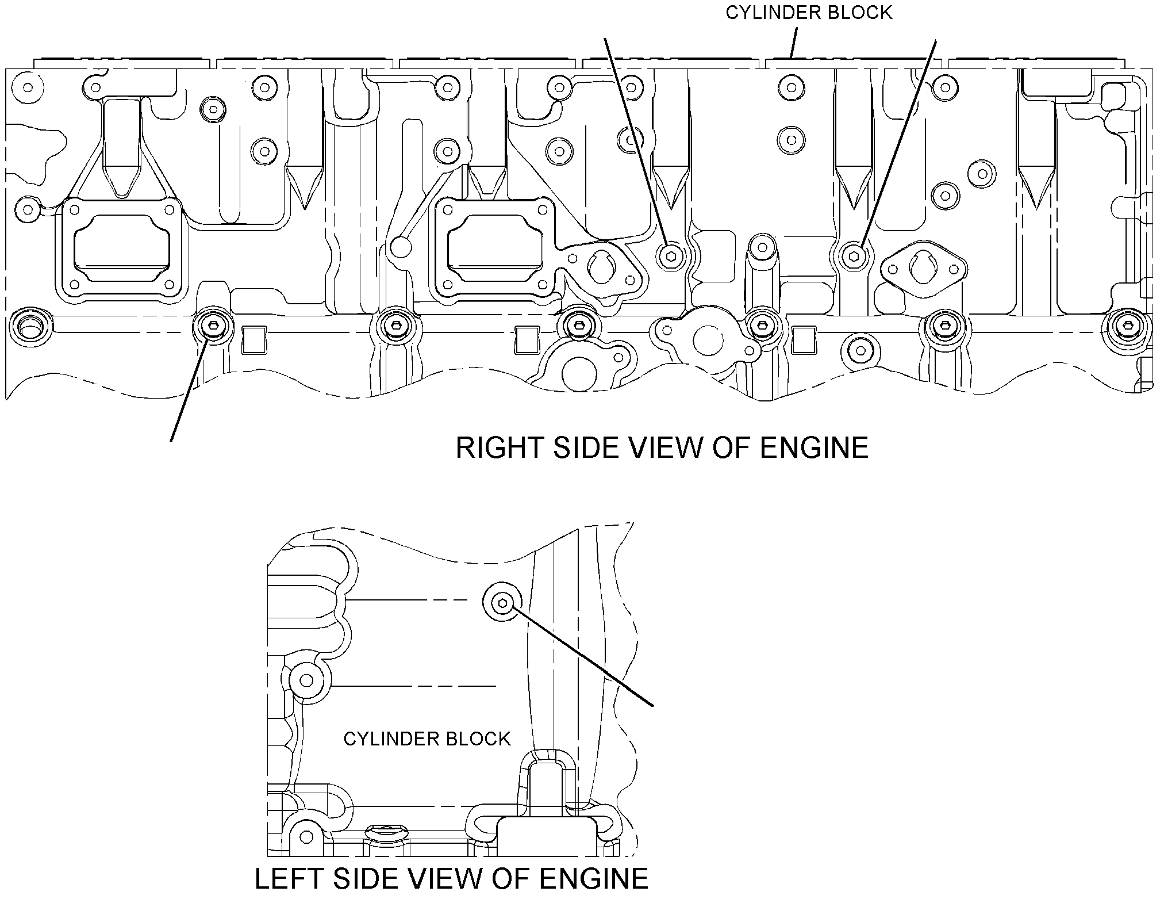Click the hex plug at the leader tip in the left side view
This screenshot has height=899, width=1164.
[503, 603]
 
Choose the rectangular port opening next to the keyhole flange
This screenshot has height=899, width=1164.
[495, 248]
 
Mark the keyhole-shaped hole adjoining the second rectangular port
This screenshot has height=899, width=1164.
[602, 266]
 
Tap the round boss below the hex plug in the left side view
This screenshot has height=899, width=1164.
[307, 681]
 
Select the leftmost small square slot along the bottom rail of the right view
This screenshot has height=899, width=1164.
[253, 340]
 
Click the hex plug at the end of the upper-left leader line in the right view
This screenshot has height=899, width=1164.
[671, 255]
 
